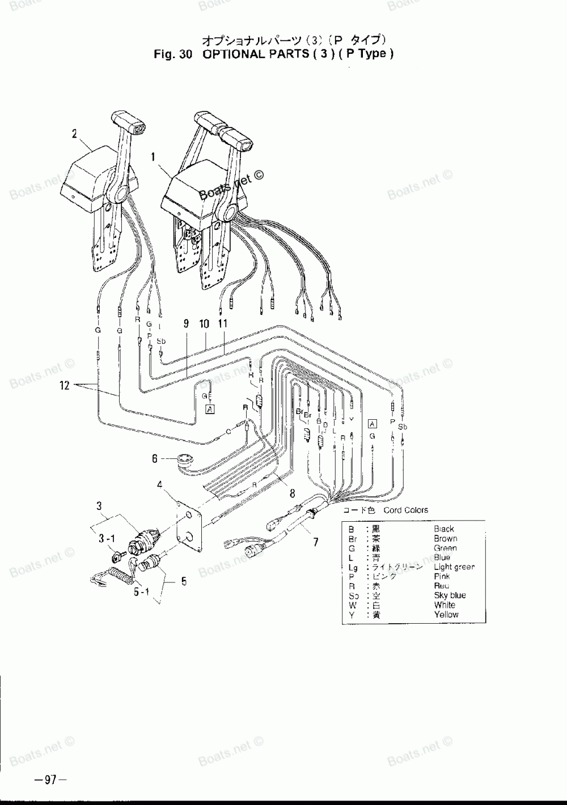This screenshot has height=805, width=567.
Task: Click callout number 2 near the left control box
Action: (74, 134)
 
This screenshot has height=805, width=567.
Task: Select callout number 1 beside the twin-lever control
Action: (153, 158)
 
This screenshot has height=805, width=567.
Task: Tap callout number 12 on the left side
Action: (64, 386)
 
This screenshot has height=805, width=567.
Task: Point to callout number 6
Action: (154, 459)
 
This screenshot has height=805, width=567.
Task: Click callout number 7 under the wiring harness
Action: (315, 542)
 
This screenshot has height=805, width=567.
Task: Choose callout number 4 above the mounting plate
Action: (160, 484)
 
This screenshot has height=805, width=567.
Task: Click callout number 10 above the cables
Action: (204, 324)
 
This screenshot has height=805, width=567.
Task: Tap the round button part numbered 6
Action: (184, 460)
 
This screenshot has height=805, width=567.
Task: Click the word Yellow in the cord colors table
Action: (446, 614)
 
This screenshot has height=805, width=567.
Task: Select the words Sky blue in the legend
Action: (450, 595)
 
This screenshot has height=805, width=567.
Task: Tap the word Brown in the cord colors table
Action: (445, 539)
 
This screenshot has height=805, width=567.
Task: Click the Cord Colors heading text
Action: (406, 510)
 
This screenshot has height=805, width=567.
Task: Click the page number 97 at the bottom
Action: (50, 780)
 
